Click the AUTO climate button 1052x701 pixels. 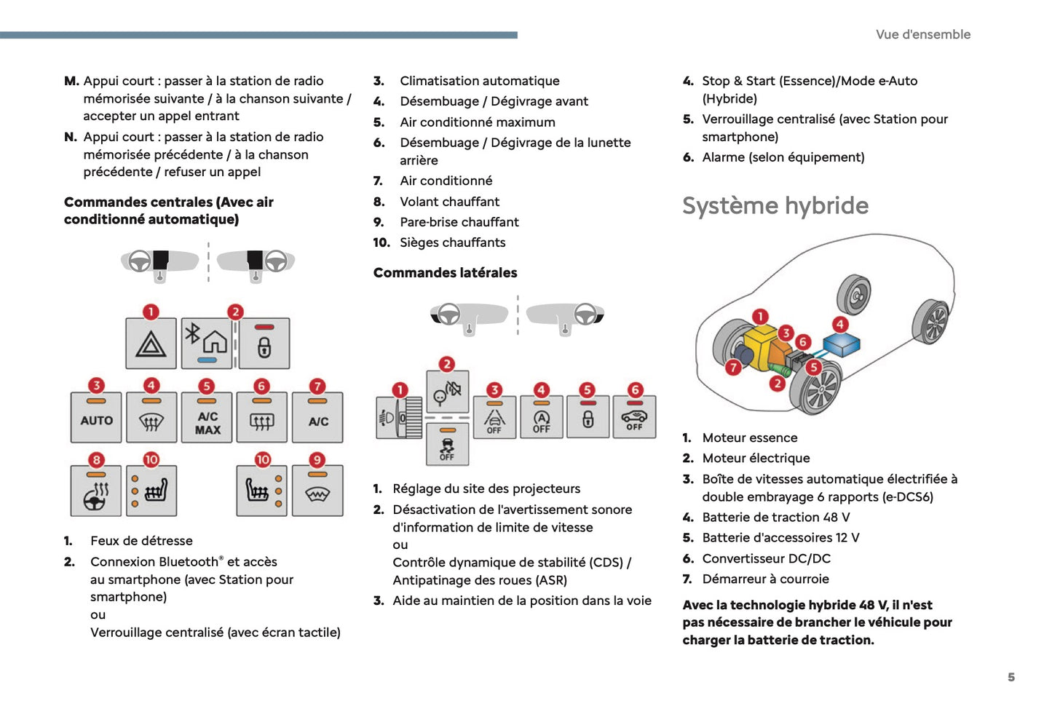point(97,418)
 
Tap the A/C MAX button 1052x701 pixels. point(207,419)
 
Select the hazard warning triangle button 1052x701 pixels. point(151,344)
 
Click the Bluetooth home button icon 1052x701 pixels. point(207,343)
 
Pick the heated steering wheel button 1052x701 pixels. point(96,492)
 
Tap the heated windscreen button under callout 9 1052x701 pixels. point(317,492)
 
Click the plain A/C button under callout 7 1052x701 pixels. point(317,419)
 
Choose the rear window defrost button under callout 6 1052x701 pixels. point(261,419)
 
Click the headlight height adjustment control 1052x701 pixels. point(399,418)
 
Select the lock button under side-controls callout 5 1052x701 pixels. point(588,417)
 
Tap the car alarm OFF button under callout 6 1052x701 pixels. point(634,417)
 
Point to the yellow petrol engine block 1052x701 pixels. point(761,346)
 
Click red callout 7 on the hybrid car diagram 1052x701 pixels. point(734,368)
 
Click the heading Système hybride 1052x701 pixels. point(775,206)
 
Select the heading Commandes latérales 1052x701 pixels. point(445,273)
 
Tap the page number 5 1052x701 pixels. point(1011,677)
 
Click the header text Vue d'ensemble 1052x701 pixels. point(922,34)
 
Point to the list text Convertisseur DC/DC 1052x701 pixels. point(766,558)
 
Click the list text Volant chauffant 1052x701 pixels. point(449,202)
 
